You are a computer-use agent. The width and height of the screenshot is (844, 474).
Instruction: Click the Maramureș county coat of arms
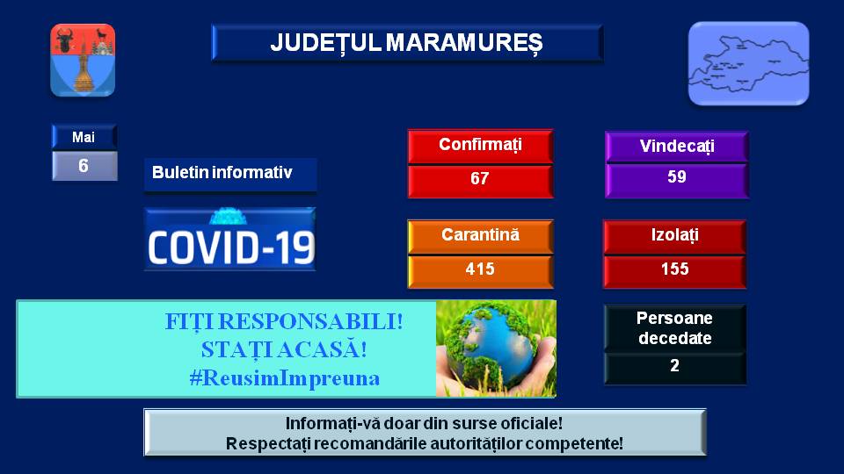pyautogui.click(x=83, y=61)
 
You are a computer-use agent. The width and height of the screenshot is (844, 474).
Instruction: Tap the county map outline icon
pyautogui.click(x=749, y=63)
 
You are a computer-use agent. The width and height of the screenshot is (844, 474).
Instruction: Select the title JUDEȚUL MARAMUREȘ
pyautogui.click(x=407, y=42)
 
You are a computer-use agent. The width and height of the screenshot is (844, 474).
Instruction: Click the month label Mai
pyautogui.click(x=84, y=137)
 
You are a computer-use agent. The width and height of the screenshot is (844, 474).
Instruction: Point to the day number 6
pyautogui.click(x=84, y=166)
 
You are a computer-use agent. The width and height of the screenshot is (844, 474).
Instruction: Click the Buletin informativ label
pyautogui.click(x=222, y=172)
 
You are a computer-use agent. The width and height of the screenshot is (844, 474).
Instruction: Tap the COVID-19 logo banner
pyautogui.click(x=230, y=239)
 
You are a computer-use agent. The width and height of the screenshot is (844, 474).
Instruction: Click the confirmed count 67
pyautogui.click(x=480, y=178)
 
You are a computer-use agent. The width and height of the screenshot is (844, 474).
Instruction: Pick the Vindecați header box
pyautogui.click(x=677, y=147)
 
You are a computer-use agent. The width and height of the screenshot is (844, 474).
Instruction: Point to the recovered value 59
pyautogui.click(x=677, y=176)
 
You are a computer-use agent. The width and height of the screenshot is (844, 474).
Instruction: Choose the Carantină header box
pyautogui.click(x=481, y=236)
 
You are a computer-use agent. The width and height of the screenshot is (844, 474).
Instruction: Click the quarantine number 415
pyautogui.click(x=480, y=269)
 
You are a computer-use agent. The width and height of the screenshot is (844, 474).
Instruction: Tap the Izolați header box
pyautogui.click(x=675, y=236)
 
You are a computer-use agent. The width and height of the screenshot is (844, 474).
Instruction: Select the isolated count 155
pyautogui.click(x=675, y=269)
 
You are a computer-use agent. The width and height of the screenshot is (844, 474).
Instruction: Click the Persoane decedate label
pyautogui.click(x=675, y=327)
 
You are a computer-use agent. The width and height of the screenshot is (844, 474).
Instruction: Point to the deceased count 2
pyautogui.click(x=674, y=365)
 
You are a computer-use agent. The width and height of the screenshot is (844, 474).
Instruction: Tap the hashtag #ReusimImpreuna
pyautogui.click(x=285, y=378)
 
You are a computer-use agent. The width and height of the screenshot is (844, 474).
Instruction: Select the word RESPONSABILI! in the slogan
pyautogui.click(x=310, y=322)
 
